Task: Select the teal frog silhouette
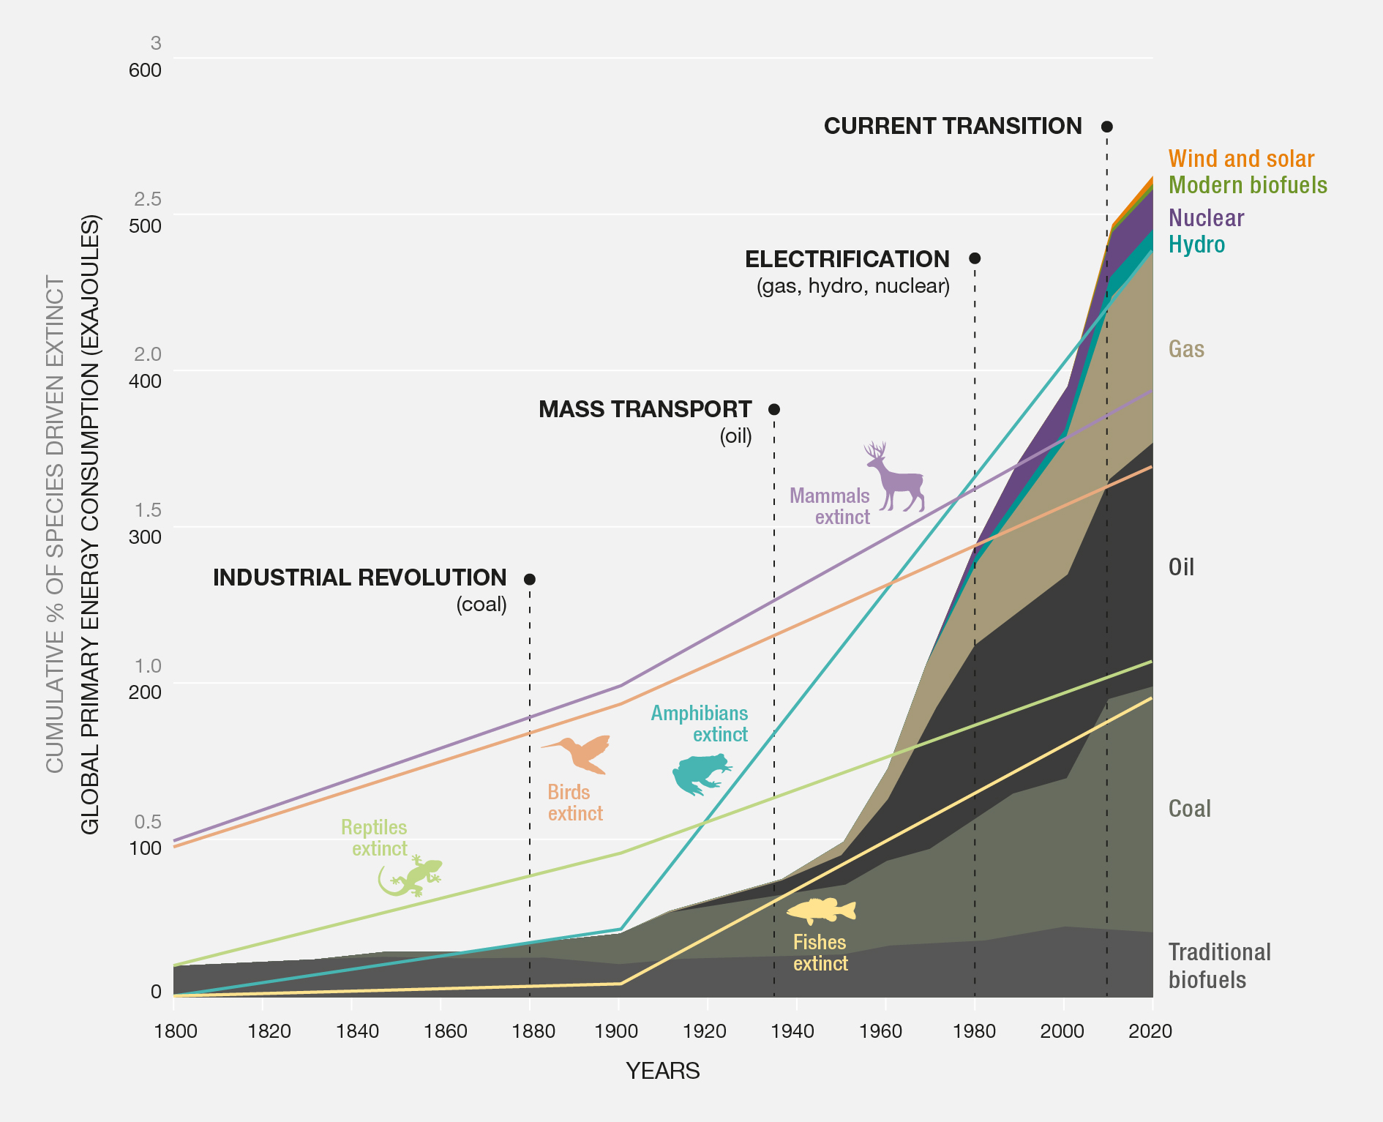[699, 774]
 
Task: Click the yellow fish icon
[822, 911]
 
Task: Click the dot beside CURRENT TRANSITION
[1107, 127]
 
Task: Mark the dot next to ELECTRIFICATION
[975, 258]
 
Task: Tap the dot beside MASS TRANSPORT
[774, 409]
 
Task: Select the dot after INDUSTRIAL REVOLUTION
[530, 579]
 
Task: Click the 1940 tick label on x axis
[792, 1031]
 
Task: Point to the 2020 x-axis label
[1150, 1031]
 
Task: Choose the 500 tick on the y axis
[145, 225]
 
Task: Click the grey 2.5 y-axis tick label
[147, 199]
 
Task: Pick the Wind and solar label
[1241, 159]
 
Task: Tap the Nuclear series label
[1206, 218]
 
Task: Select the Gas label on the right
[1186, 349]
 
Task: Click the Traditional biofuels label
[1219, 965]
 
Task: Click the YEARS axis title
[662, 1071]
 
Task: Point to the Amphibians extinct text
[700, 724]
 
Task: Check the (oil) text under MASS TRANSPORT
[735, 436]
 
